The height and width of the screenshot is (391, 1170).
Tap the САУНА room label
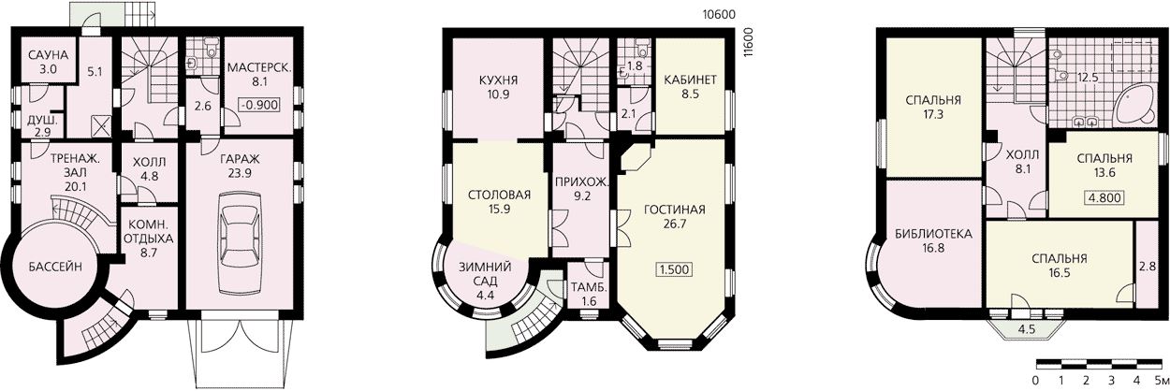pyautogui.click(x=48, y=55)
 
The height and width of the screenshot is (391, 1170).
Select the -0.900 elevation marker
pyautogui.click(x=259, y=105)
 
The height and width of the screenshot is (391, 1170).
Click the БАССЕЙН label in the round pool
pyautogui.click(x=55, y=267)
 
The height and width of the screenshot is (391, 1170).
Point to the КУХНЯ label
pyautogui.click(x=498, y=80)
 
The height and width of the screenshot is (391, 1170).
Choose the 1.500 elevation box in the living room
pyautogui.click(x=674, y=270)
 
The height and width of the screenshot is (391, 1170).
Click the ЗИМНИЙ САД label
pyautogui.click(x=485, y=274)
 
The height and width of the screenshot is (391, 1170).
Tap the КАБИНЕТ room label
pyautogui.click(x=690, y=80)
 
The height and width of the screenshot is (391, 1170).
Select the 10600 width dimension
pyautogui.click(x=719, y=15)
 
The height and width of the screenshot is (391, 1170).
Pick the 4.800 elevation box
pyautogui.click(x=1104, y=198)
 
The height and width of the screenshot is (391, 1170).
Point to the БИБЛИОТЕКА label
pyautogui.click(x=933, y=234)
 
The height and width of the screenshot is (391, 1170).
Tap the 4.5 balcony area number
pyautogui.click(x=1026, y=330)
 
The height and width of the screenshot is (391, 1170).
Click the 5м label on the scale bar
pyautogui.click(x=1162, y=380)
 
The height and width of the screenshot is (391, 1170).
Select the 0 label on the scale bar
pyautogui.click(x=1035, y=380)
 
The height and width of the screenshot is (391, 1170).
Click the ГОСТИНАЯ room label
pyautogui.click(x=674, y=210)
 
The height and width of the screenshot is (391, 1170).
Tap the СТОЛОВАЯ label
pyautogui.click(x=499, y=195)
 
